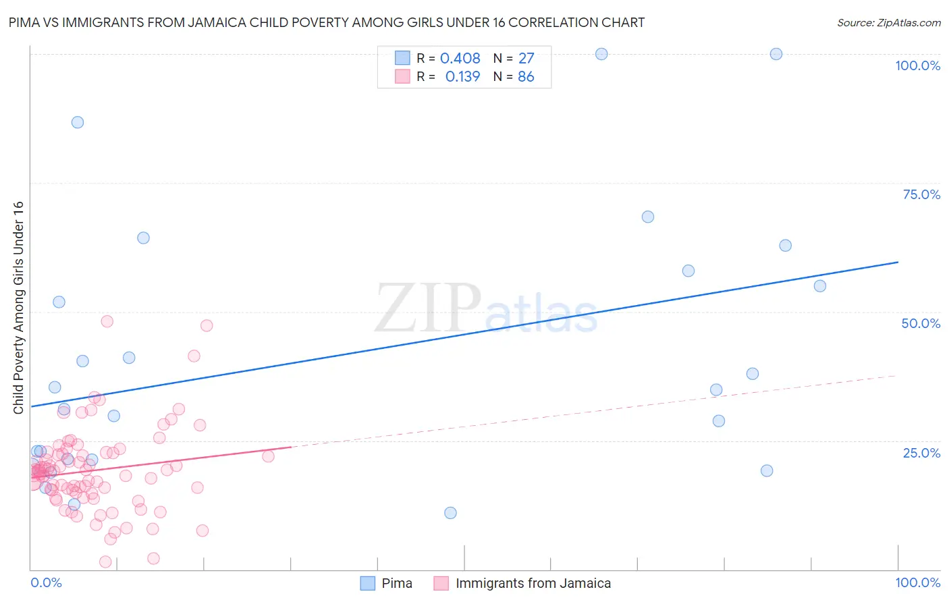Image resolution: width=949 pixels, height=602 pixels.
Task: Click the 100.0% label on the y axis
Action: click(x=917, y=65)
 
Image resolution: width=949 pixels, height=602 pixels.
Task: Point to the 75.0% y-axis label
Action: click(x=921, y=194)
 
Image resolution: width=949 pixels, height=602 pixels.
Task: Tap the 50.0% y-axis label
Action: click(x=921, y=323)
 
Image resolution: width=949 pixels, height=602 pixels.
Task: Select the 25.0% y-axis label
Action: click(x=921, y=453)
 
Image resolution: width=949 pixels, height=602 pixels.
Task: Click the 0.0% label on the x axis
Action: click(x=46, y=582)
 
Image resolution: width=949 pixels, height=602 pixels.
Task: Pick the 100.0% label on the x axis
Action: click(x=917, y=582)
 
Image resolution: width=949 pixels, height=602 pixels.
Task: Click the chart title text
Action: click(x=326, y=22)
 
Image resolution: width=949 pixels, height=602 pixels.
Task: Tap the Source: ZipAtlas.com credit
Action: click(x=888, y=22)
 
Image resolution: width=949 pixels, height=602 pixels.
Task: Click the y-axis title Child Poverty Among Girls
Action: click(x=18, y=308)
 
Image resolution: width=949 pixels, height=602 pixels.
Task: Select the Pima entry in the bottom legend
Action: click(x=397, y=583)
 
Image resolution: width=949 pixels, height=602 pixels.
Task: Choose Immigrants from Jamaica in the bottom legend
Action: click(x=533, y=583)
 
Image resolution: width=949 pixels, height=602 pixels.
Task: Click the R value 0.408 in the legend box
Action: click(x=460, y=59)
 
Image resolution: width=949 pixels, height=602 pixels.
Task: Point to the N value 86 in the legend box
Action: click(x=526, y=77)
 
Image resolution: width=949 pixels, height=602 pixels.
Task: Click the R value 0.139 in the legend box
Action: click(x=462, y=77)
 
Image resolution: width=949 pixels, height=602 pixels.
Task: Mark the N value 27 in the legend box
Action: click(x=526, y=59)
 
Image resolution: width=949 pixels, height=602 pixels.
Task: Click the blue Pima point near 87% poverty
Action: click(x=78, y=122)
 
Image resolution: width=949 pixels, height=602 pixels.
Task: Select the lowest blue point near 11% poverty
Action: click(x=450, y=513)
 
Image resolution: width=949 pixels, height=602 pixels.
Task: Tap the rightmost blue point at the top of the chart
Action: click(x=776, y=54)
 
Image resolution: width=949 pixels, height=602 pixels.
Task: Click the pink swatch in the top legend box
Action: click(x=402, y=76)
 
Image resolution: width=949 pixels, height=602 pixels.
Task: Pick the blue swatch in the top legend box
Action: click(x=402, y=58)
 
